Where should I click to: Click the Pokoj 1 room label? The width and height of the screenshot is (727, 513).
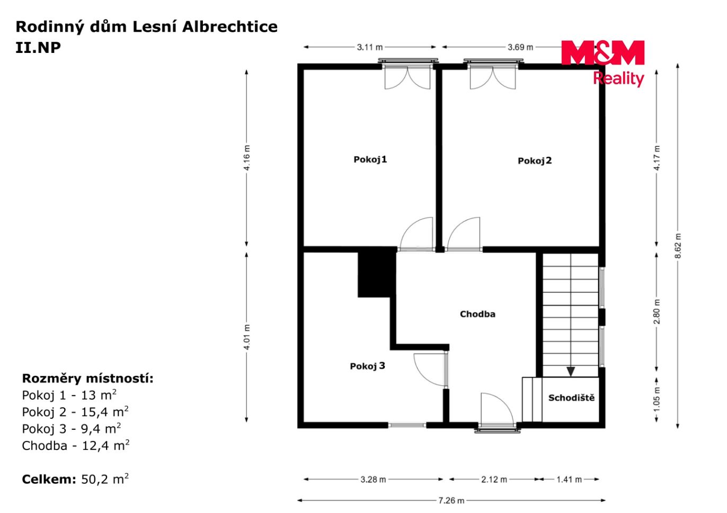[x=370, y=160]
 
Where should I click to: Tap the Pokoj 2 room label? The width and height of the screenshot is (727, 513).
[x=535, y=161]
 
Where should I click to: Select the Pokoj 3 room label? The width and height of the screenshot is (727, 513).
[x=367, y=366]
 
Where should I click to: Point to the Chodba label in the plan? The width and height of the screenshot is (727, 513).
[x=477, y=314]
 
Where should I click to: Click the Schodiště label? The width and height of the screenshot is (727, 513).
[x=571, y=398]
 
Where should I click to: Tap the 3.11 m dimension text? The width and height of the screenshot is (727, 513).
[x=370, y=47]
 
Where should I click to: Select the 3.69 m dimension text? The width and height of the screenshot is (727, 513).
[x=520, y=47]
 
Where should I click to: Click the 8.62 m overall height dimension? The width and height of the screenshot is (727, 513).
[x=678, y=246]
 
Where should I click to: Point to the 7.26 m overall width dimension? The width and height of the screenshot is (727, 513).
[x=451, y=501]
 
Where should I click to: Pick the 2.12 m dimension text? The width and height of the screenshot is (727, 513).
[x=494, y=479]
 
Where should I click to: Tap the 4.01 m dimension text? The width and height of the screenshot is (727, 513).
[x=247, y=337]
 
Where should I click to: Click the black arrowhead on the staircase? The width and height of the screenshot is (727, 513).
[x=571, y=372]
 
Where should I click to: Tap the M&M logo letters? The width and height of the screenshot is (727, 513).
[x=602, y=52]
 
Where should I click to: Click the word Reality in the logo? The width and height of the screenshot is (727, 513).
[x=618, y=79]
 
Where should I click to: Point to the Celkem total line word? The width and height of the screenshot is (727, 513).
[x=49, y=479]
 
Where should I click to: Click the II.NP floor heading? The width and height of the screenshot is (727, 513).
[x=38, y=48]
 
